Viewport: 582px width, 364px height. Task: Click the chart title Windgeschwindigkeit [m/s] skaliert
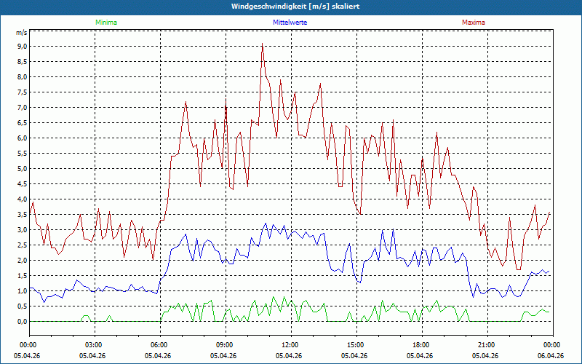pyautogui.click(x=291, y=6)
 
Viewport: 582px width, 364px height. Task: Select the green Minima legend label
pyautogui.click(x=105, y=23)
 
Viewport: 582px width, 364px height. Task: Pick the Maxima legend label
pyautogui.click(x=473, y=23)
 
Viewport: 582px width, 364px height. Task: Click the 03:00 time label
pyautogui.click(x=94, y=344)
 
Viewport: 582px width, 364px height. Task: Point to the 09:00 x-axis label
pyautogui.click(x=225, y=344)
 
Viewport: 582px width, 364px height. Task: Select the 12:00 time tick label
pyautogui.click(x=290, y=344)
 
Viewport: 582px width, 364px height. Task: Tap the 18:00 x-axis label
pyautogui.click(x=421, y=344)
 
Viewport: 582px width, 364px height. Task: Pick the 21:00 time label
pyautogui.click(x=487, y=344)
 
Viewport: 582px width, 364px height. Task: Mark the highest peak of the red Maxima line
pyautogui.click(x=263, y=44)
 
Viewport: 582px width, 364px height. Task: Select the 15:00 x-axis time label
pyautogui.click(x=356, y=344)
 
